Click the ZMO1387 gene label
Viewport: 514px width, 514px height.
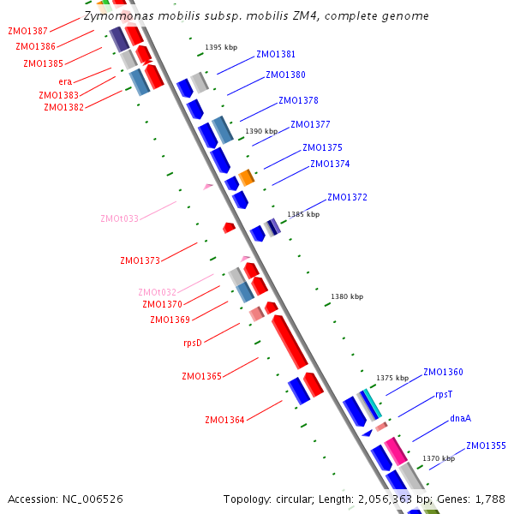coord(27,31)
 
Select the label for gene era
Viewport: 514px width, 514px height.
coord(65,81)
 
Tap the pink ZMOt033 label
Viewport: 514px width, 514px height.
coord(119,218)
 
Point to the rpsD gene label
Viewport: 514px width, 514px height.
coord(193,343)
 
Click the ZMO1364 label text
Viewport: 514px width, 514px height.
coord(224,420)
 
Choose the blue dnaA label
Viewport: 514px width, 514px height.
coord(460,419)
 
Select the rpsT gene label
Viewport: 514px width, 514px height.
coord(443,395)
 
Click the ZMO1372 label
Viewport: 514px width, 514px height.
coord(347,197)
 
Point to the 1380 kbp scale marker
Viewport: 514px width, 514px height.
coord(346,296)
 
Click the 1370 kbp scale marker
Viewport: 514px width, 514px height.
coord(438,458)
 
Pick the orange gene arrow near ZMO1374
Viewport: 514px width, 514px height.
coord(247,177)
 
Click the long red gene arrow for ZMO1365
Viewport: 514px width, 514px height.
coord(290,341)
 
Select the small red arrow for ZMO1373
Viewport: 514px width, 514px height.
coord(229,228)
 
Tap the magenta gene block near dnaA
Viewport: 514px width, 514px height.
coord(395,450)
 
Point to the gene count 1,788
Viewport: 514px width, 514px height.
coord(489,499)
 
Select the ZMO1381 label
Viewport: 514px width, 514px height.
coord(276,54)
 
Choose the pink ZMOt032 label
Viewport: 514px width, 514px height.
coord(158,292)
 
